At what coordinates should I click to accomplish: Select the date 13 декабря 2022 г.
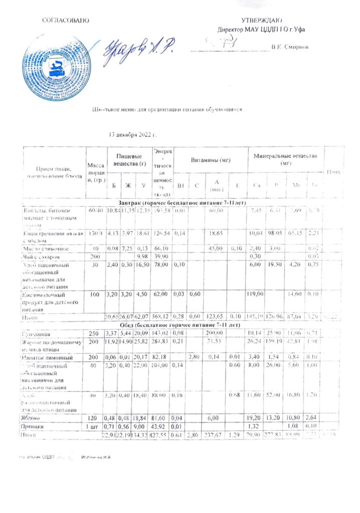(x=133, y=135)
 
